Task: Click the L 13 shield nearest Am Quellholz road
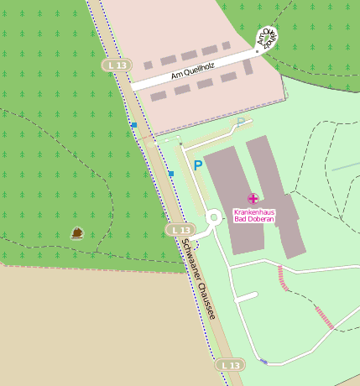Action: (117, 65)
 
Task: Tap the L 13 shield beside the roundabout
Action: (180, 229)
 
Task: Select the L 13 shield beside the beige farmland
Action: (231, 365)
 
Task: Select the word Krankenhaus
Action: (254, 211)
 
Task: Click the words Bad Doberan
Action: (254, 220)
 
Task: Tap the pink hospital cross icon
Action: (253, 198)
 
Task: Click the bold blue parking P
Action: (198, 165)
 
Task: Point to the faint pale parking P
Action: (241, 123)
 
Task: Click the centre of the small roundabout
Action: (212, 218)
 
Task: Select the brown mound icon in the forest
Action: (77, 232)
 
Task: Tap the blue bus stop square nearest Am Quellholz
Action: (133, 125)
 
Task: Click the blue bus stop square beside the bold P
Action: (170, 174)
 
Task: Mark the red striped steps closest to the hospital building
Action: (283, 279)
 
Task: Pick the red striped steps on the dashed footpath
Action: (324, 317)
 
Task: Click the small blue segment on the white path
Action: (263, 362)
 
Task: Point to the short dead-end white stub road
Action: (246, 297)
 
